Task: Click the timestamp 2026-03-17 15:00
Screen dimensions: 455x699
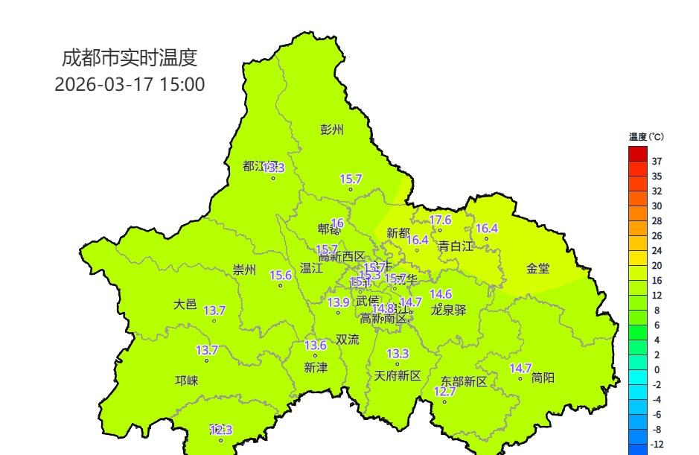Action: pos(130,84)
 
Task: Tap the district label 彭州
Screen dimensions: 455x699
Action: pos(332,130)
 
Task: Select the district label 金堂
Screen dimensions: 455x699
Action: pos(538,269)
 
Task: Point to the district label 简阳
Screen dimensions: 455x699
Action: pos(543,378)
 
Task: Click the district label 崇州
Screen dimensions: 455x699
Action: pos(244,270)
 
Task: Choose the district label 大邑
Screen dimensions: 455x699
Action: pos(185,304)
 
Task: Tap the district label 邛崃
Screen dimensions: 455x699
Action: pos(187,381)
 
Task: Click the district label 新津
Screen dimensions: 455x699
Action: pos(316,367)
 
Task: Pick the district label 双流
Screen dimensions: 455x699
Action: pos(347,340)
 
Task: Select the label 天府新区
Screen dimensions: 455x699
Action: pos(398,375)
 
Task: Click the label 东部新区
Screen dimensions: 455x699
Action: pos(463,381)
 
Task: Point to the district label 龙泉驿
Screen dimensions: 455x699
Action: pos(449,311)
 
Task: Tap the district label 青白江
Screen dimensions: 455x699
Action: pos(456,245)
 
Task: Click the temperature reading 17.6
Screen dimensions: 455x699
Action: pos(441,220)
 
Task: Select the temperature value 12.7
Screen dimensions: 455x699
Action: pos(444,392)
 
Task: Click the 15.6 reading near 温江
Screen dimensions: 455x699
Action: pos(281,275)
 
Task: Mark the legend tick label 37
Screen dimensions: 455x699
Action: pos(657,162)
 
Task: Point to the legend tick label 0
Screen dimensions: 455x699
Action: pos(656,370)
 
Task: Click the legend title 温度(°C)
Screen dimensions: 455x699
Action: pos(645,137)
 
